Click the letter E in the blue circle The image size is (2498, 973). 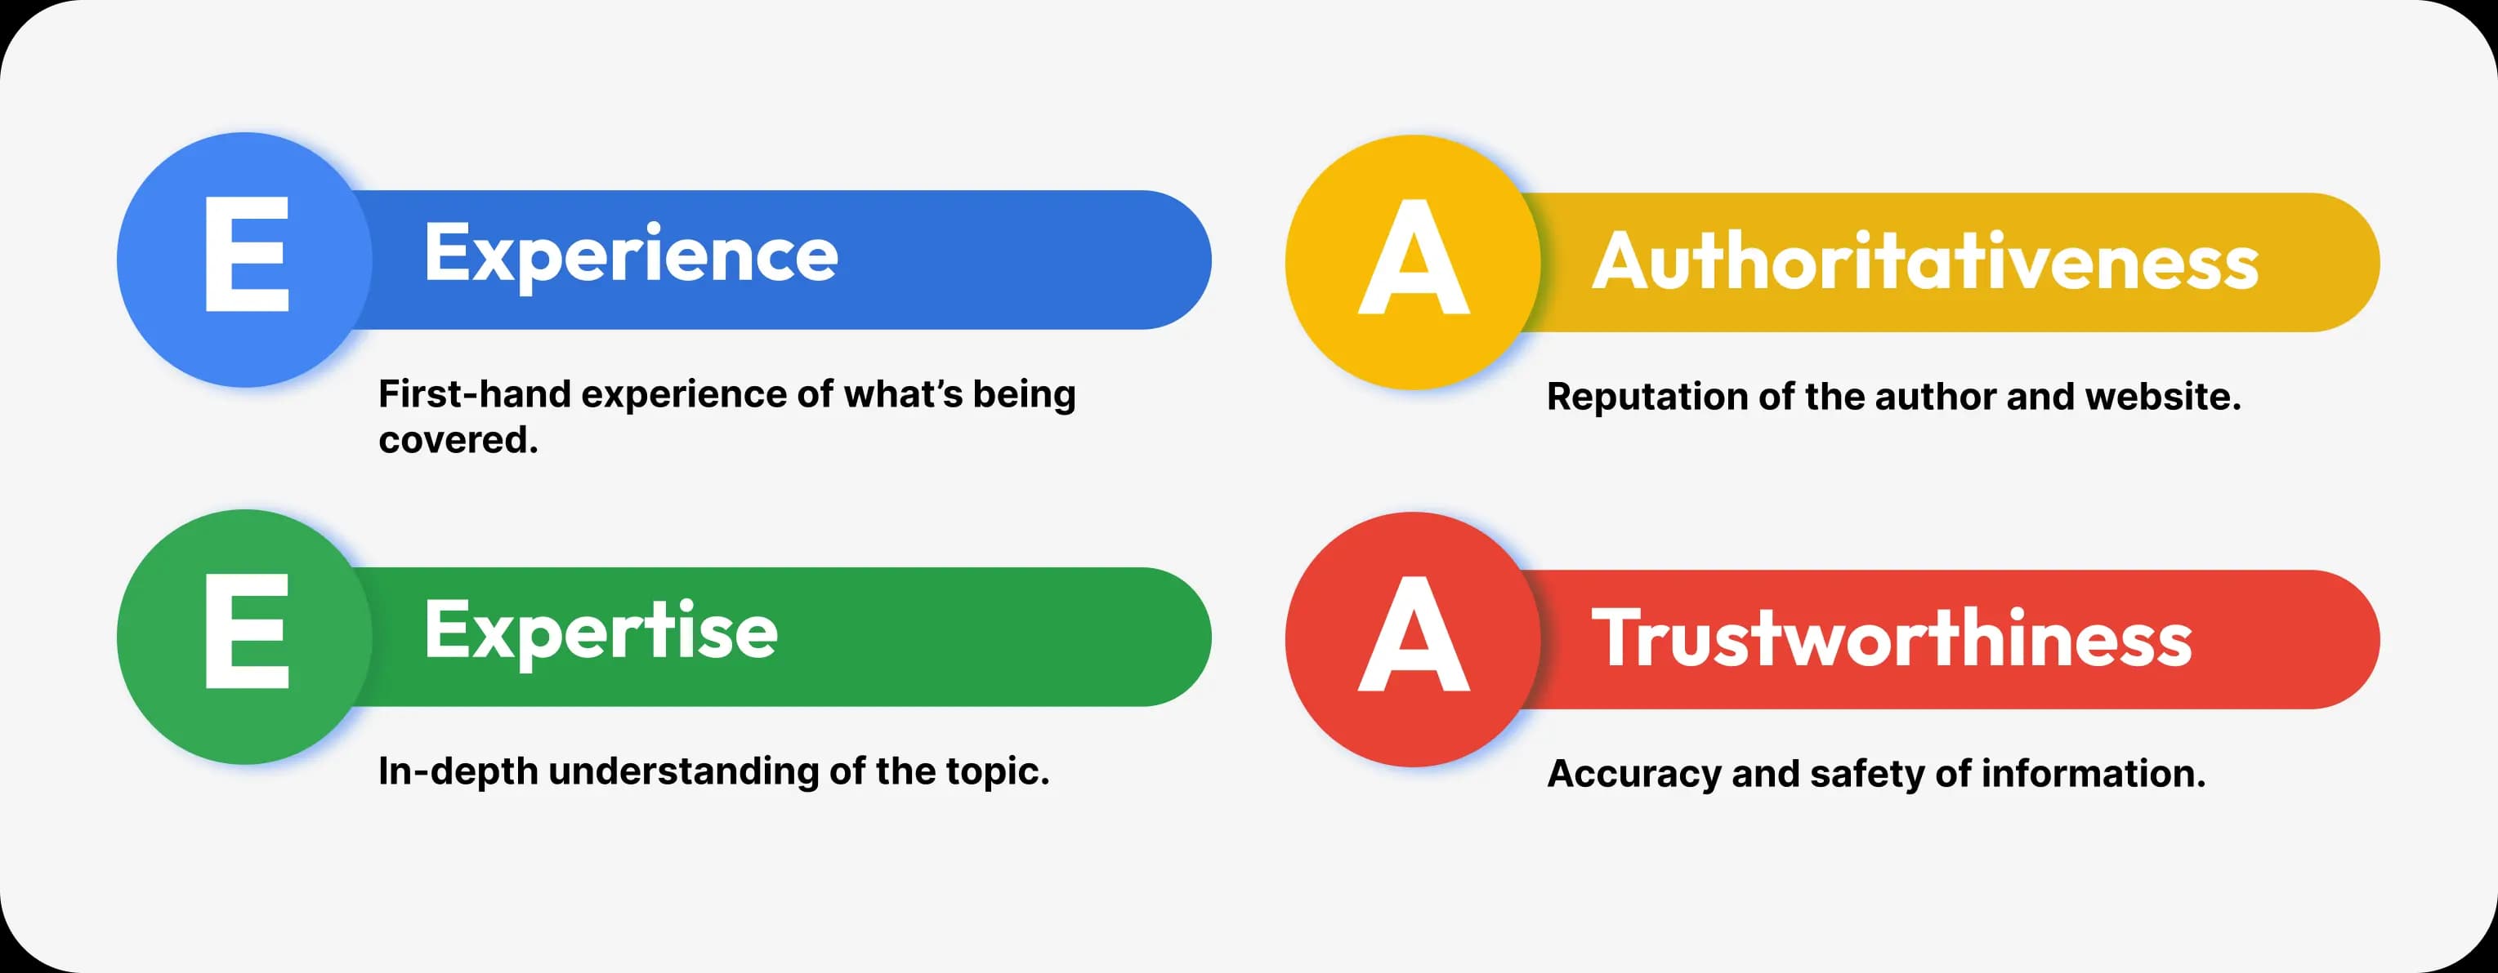248,254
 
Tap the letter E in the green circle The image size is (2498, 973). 248,631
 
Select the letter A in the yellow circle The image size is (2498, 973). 1414,257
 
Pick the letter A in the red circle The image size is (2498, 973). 1414,633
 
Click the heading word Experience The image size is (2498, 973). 632,255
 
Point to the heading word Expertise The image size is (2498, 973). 601,633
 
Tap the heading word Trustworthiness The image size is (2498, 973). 1892,638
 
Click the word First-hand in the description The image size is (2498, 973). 474,394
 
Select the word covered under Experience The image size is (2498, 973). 458,440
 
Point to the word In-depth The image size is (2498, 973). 458,772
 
